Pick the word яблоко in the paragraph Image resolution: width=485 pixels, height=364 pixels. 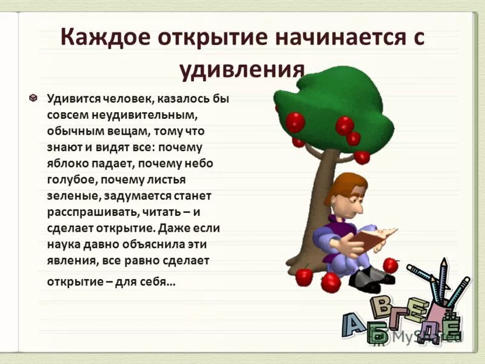tap(67, 164)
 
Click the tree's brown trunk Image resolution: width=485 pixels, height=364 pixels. tap(318, 200)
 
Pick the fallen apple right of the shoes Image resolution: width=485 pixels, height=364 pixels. tap(390, 265)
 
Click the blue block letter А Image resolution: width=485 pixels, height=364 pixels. tap(354, 325)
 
